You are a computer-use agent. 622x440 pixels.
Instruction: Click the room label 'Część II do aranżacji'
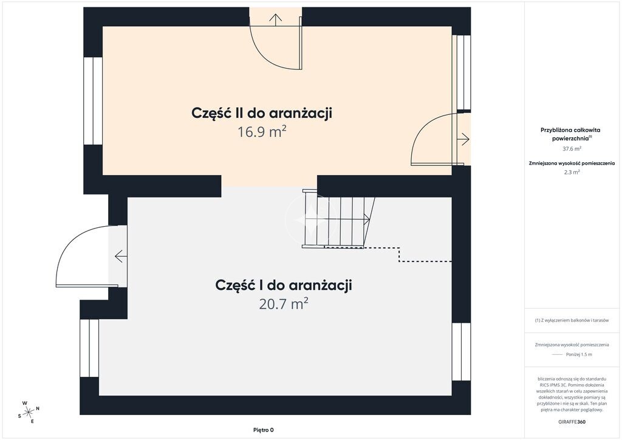(x=261, y=114)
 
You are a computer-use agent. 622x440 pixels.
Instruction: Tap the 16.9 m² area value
(x=262, y=132)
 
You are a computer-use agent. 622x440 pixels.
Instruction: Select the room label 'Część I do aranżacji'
(x=283, y=286)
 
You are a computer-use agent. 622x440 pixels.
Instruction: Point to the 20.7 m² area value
(x=284, y=304)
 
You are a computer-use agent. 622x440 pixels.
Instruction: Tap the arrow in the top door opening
(x=275, y=19)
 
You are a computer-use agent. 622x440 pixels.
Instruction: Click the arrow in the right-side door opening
(x=463, y=139)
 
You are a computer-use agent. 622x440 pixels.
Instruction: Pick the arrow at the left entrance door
(x=121, y=256)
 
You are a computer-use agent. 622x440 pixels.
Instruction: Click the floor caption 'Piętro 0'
(x=264, y=430)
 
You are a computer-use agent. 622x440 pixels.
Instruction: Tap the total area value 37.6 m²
(x=572, y=149)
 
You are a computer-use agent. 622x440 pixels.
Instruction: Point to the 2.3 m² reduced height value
(x=572, y=172)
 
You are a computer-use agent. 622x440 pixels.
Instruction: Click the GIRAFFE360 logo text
(x=572, y=422)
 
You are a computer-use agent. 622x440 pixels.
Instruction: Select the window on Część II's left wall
(x=93, y=101)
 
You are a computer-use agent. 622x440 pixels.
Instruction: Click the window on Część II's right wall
(x=462, y=72)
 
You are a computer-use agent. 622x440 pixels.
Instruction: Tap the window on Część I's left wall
(x=89, y=348)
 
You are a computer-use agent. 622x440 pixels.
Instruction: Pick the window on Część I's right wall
(x=462, y=351)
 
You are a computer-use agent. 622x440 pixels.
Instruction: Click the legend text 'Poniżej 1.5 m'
(x=579, y=355)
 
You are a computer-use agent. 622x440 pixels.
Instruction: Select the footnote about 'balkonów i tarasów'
(x=572, y=320)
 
